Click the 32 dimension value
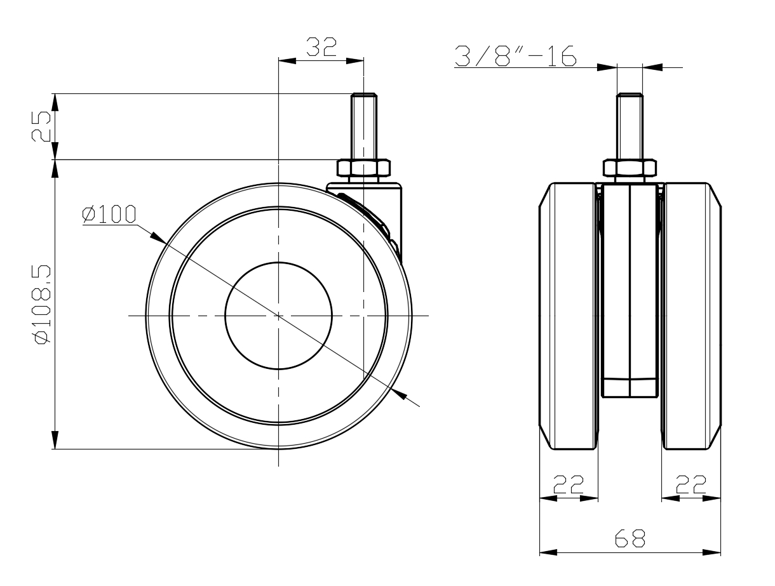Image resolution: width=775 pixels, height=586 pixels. coord(321,47)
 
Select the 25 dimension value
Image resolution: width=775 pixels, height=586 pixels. coord(41,126)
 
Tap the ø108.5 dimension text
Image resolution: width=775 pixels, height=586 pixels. coord(43,305)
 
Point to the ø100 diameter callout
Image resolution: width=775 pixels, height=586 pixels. coord(109,214)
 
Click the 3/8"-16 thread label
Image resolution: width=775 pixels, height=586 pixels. coord(515,56)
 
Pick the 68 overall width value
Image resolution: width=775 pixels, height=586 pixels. coord(630,538)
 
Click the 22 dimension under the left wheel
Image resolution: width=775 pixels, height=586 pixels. coord(569,484)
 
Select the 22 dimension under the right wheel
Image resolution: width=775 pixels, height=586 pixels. coord(691,484)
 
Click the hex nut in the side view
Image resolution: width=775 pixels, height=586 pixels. coord(363,168)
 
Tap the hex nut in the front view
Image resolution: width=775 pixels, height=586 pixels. coord(630,168)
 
